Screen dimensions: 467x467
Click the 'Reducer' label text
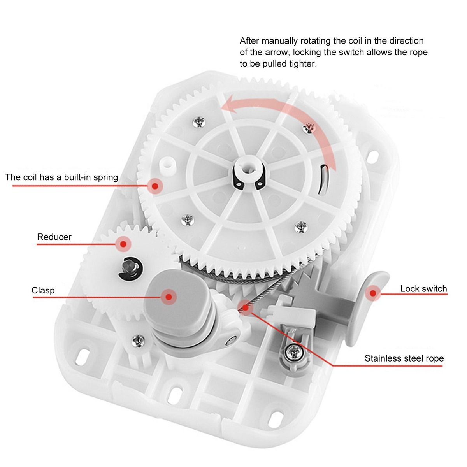(54, 237)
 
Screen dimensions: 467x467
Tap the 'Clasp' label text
(43, 291)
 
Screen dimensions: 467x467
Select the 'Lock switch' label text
(423, 289)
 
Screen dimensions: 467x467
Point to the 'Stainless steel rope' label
(404, 358)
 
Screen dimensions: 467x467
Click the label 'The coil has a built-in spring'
(61, 177)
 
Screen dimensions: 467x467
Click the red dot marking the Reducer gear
(123, 244)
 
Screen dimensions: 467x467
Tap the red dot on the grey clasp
(169, 297)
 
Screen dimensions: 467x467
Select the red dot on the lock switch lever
(373, 293)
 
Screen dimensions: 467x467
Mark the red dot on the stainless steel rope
(246, 308)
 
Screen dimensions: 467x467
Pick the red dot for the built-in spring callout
(155, 186)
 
